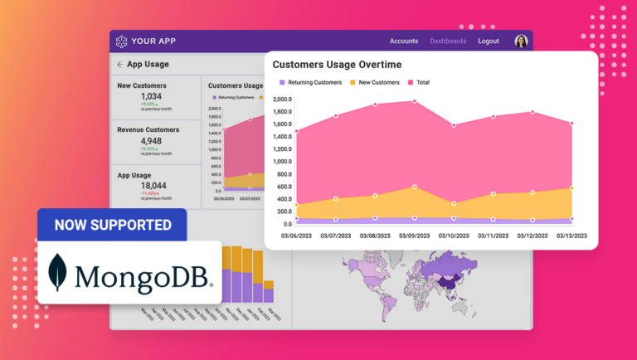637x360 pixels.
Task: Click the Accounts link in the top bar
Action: [404, 41]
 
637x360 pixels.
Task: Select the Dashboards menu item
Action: [448, 41]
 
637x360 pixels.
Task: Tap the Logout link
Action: [489, 41]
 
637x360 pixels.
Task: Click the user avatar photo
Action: [521, 41]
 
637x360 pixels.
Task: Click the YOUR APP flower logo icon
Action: [122, 41]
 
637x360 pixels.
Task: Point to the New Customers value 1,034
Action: [152, 96]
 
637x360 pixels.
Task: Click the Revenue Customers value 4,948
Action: [152, 141]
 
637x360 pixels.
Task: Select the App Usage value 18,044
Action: [153, 186]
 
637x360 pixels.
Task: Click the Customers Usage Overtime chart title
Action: [337, 65]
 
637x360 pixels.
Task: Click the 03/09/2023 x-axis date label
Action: [414, 236]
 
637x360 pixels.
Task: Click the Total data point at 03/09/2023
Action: [414, 102]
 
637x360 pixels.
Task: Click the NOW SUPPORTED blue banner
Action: [113, 225]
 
